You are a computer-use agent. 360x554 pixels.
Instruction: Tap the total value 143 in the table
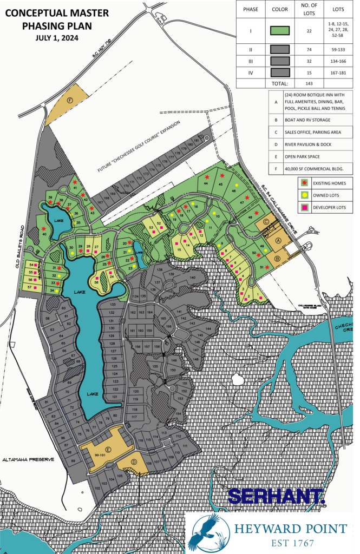(x=309, y=84)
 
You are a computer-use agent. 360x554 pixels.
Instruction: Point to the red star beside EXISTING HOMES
(x=305, y=183)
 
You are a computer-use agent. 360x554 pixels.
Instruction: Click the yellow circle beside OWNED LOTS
(x=305, y=195)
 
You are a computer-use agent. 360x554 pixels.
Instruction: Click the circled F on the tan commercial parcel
(x=69, y=100)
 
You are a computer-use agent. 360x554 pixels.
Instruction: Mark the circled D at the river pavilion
(x=135, y=461)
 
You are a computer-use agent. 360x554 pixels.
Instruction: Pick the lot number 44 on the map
(x=206, y=183)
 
